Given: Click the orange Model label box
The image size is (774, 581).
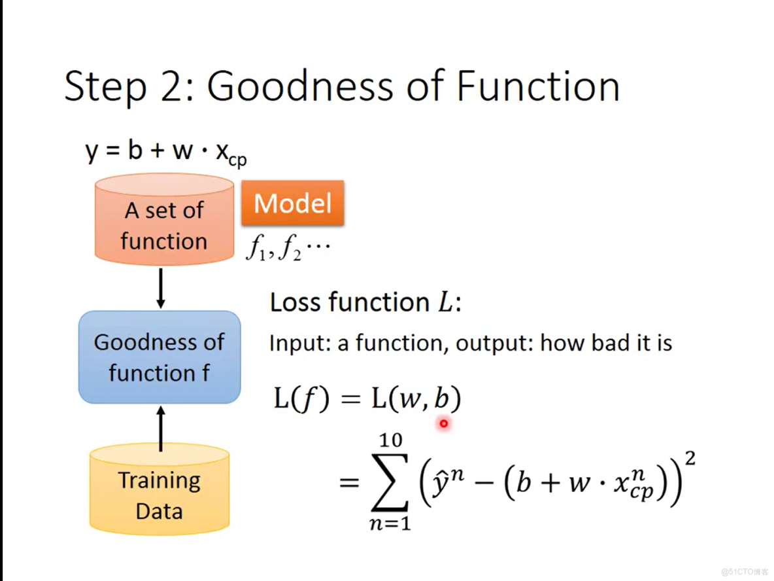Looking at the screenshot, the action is (x=293, y=203).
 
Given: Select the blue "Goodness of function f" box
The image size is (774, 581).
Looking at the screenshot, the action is (x=160, y=357).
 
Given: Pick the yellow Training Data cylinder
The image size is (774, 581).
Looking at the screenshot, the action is (x=160, y=489).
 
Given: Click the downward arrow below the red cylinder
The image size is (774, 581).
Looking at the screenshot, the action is (x=160, y=289).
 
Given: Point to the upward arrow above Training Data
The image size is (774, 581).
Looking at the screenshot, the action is (x=160, y=429).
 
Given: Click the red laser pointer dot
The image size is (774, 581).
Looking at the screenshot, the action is (x=444, y=423).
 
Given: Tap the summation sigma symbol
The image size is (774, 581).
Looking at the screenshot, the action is (x=390, y=482).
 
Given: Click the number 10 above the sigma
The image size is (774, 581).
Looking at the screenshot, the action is (x=390, y=440).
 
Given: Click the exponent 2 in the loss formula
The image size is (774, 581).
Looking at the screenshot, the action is (x=690, y=458).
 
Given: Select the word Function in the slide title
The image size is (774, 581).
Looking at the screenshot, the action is (x=537, y=86).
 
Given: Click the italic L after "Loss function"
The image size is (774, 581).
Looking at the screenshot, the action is (x=445, y=302).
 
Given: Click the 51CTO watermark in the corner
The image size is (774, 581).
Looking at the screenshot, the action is (x=745, y=572).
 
